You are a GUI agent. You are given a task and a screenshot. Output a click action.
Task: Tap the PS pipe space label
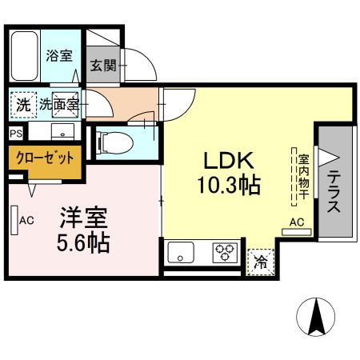pyautogui.click(x=16, y=134)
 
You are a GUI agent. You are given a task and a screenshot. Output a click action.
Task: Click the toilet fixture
pyautogui.click(x=111, y=142)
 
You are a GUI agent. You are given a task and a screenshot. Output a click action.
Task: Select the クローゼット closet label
pyautogui.click(x=44, y=158)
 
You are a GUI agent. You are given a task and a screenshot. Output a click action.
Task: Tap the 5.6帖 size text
pyautogui.click(x=83, y=242)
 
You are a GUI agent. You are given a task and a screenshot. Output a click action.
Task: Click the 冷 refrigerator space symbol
pyautogui.click(x=260, y=260)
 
